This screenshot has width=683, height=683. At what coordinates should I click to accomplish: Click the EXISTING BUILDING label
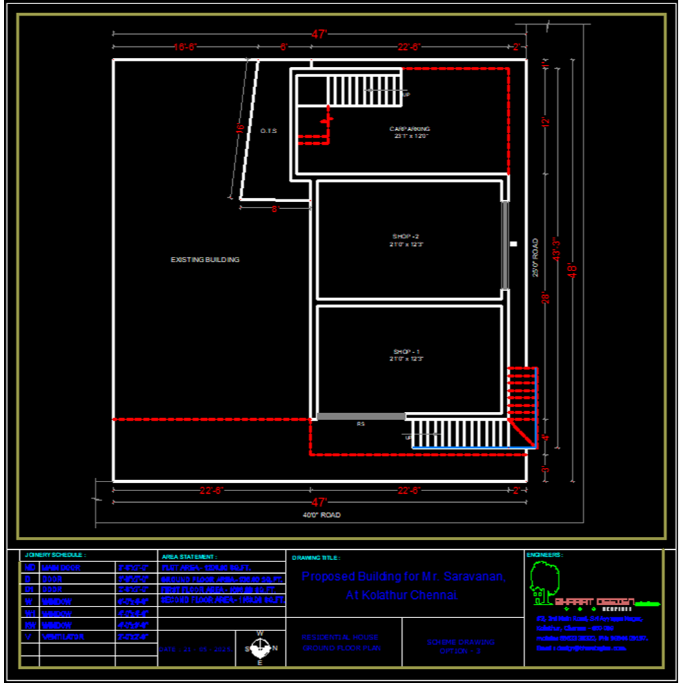(204, 260)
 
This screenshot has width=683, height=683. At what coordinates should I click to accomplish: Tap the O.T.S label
(268, 130)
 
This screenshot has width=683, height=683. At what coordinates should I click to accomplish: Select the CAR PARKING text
(410, 129)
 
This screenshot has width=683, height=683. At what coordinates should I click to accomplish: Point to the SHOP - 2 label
(410, 236)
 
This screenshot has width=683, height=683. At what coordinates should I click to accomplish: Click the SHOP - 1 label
(410, 351)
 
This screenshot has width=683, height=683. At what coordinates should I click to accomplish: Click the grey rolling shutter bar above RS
(361, 416)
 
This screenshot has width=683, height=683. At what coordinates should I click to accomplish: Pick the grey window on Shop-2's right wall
(505, 245)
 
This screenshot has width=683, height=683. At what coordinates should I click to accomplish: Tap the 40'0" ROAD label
(321, 515)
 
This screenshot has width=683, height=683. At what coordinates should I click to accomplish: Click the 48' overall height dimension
(574, 270)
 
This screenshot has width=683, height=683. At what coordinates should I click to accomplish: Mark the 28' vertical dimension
(545, 298)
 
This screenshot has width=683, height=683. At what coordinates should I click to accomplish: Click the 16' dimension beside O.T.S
(240, 128)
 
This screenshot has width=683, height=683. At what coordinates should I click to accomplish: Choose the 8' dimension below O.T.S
(275, 209)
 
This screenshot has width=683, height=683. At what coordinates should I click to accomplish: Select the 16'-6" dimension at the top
(184, 47)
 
